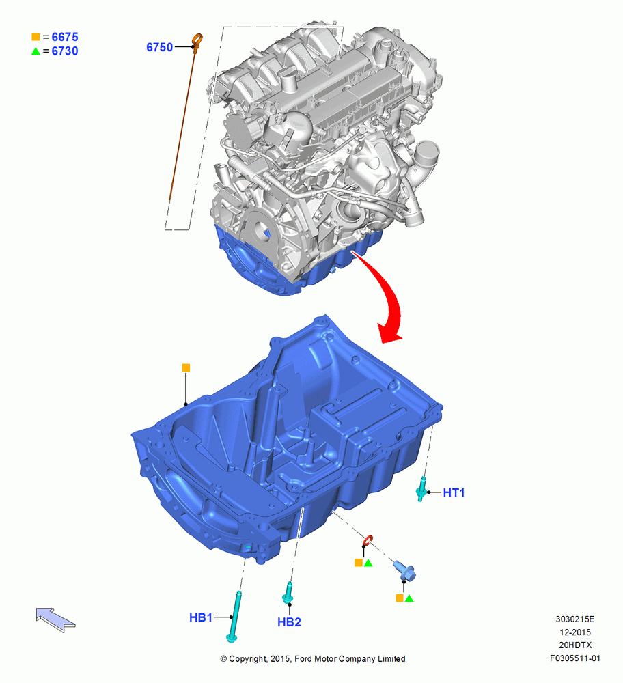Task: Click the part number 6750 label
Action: click(159, 47)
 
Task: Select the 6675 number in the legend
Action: click(65, 37)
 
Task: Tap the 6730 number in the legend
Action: click(65, 51)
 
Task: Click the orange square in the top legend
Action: click(36, 37)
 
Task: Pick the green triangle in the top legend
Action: click(36, 51)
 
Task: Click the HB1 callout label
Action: click(201, 617)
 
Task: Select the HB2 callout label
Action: click(289, 622)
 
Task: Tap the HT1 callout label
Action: click(454, 492)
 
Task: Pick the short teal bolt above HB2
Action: click(288, 593)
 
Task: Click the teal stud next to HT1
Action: click(421, 489)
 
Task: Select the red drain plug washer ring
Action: click(368, 541)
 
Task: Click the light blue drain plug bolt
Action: click(404, 571)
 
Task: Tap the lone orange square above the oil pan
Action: click(186, 367)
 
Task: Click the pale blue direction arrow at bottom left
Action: click(55, 619)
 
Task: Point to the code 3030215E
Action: click(575, 619)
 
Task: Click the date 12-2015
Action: click(575, 632)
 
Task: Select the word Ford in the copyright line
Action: click(303, 658)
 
